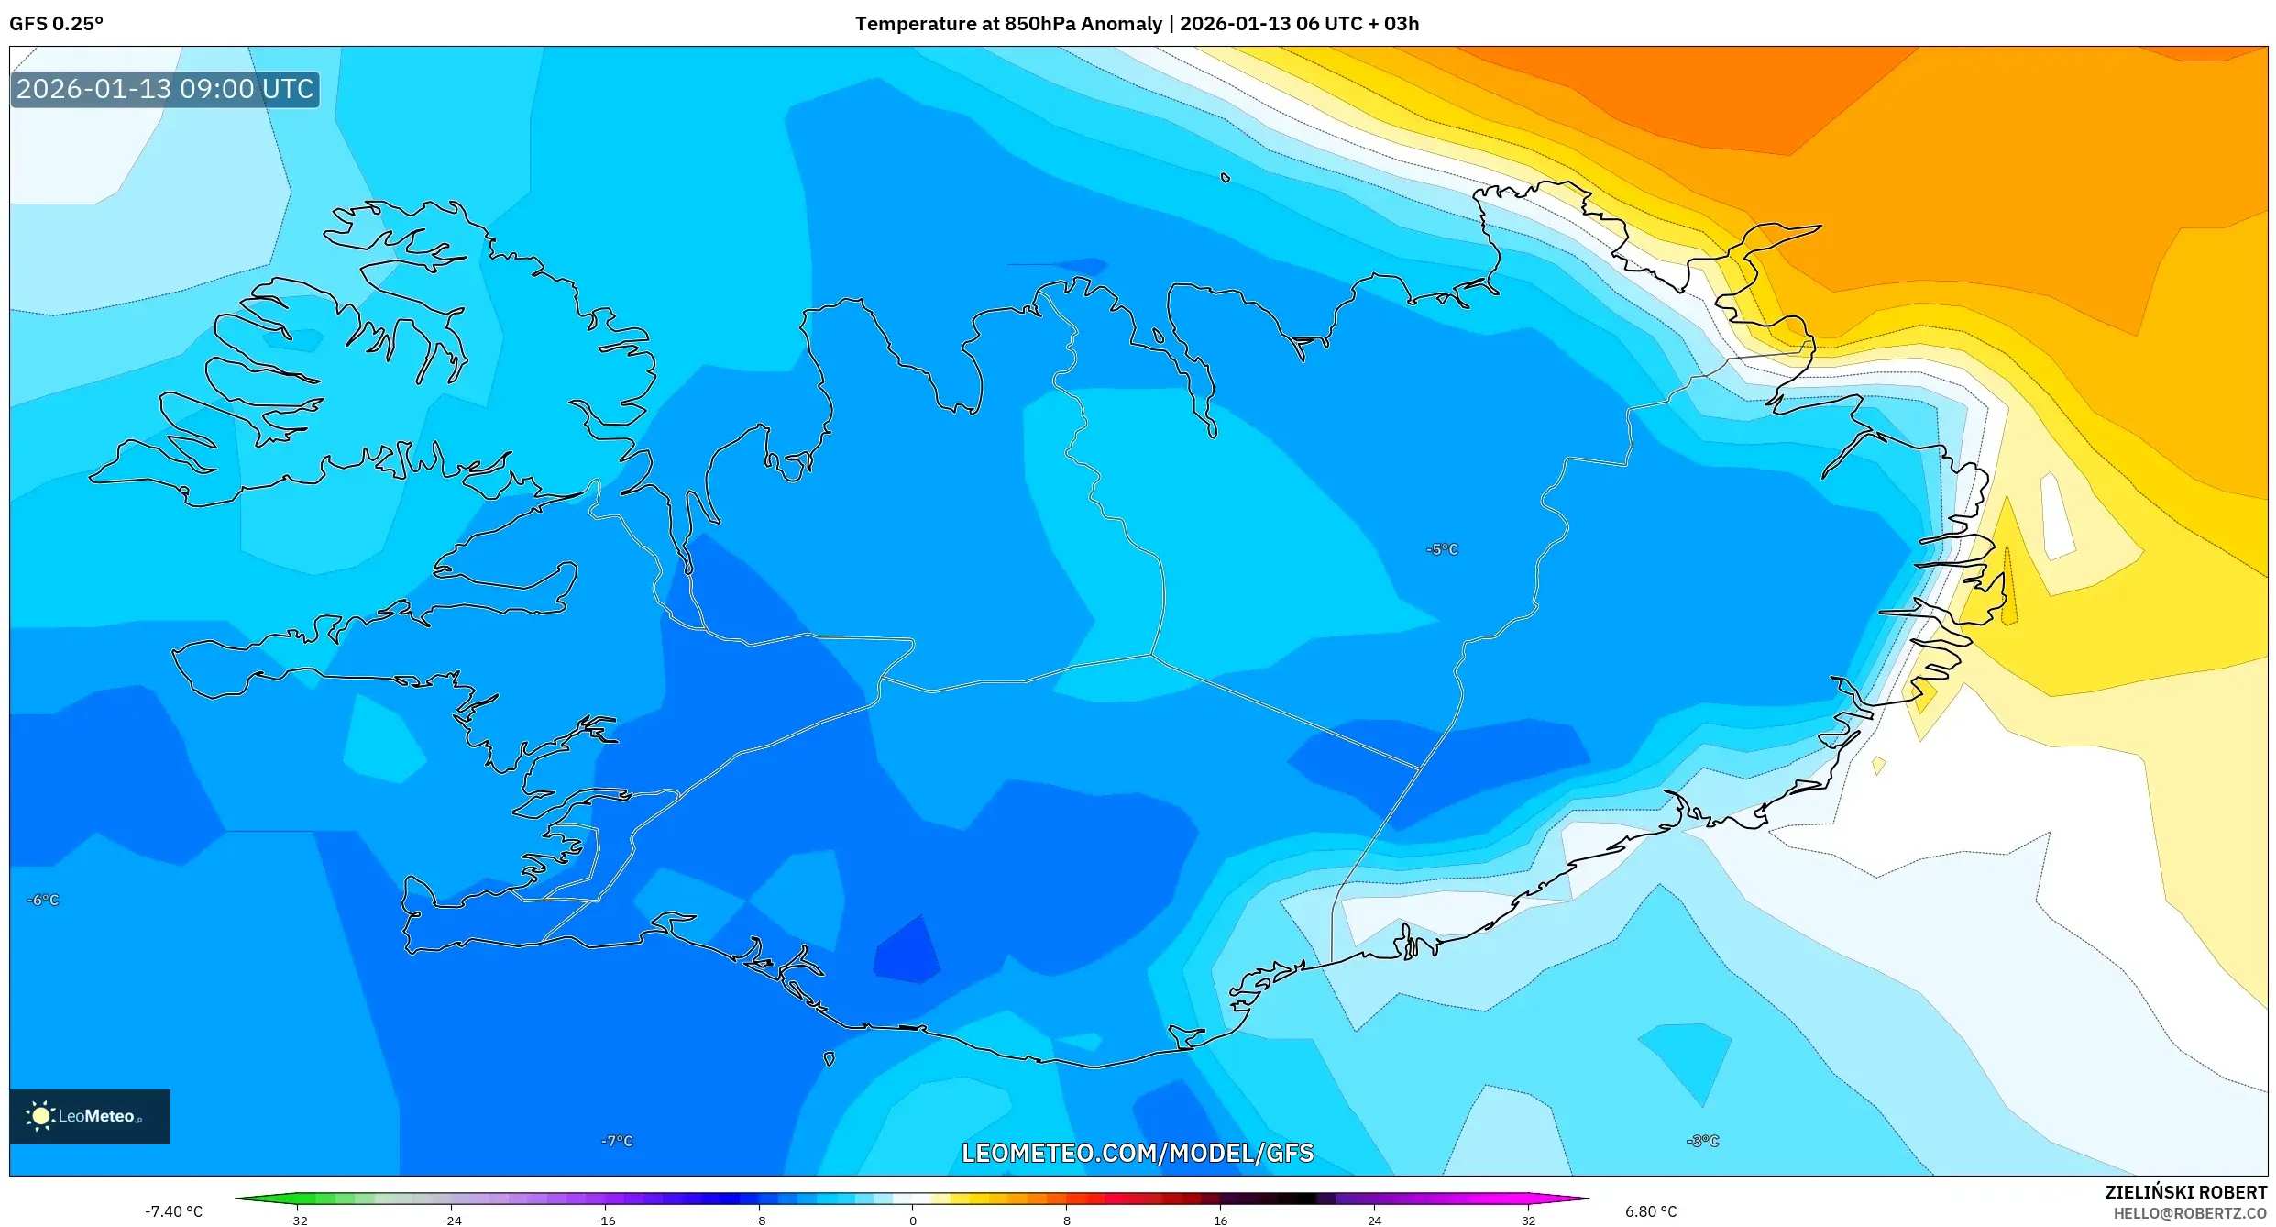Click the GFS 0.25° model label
tap(56, 24)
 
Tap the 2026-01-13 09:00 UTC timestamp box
tap(165, 89)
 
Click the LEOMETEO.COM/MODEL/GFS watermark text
tap(1137, 1153)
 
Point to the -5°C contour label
tap(1441, 549)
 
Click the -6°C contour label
tap(42, 900)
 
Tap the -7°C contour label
tap(617, 1141)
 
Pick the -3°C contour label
tap(1702, 1141)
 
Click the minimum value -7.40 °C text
tap(173, 1211)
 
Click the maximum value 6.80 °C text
tap(1650, 1211)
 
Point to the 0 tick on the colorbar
tap(912, 1220)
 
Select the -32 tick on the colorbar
tap(297, 1220)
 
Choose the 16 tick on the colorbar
tap(1220, 1220)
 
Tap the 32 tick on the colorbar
tap(1528, 1220)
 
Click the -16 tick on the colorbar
tap(605, 1220)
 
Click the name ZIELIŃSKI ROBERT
tap(2185, 1192)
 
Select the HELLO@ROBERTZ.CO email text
tap(2189, 1213)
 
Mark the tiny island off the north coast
tap(1225, 178)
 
